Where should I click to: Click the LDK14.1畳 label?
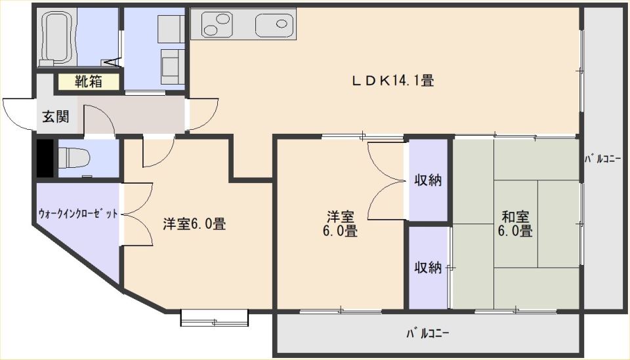tap(392, 81)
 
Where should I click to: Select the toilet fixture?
tap(74, 158)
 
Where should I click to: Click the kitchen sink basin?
tap(275, 24)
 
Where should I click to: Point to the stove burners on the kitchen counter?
tap(217, 24)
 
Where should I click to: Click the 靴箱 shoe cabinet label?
tap(89, 81)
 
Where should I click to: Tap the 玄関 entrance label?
tap(56, 116)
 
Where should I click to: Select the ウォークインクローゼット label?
tap(78, 213)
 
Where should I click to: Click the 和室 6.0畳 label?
tap(515, 224)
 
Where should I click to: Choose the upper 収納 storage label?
tap(429, 180)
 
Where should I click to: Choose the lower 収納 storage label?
tap(429, 267)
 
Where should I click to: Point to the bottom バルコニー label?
tap(427, 334)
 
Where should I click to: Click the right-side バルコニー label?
tap(602, 159)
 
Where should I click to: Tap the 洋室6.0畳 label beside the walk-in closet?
tap(194, 224)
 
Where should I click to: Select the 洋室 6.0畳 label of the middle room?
tap(340, 224)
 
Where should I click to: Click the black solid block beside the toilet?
tap(45, 158)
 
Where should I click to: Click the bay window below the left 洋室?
tap(214, 318)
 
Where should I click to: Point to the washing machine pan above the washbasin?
tap(171, 28)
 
